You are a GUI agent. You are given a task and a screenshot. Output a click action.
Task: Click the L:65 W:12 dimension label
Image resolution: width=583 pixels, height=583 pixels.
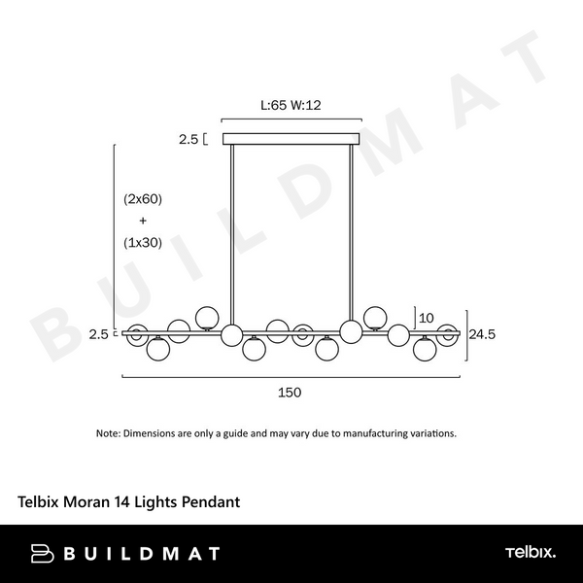tap(291, 105)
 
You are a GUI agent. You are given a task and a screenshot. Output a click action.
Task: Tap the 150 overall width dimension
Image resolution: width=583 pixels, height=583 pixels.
tap(290, 393)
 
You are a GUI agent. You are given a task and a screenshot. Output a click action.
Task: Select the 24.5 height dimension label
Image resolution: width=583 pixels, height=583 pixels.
tap(482, 334)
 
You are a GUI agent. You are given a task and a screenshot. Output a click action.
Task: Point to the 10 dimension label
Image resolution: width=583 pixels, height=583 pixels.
tap(427, 318)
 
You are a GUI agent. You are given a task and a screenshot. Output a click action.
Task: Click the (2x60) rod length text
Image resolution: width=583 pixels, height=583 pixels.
tap(143, 199)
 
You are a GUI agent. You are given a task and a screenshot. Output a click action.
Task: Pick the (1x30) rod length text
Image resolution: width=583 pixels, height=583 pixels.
tap(143, 243)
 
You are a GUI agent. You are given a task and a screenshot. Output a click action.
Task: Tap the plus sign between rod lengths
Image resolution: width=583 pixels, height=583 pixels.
tap(143, 221)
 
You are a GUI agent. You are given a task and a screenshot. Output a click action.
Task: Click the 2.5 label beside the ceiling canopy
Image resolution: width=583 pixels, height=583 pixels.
tap(189, 139)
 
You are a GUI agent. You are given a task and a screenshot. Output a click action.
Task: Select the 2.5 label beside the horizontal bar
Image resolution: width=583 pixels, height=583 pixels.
tap(98, 334)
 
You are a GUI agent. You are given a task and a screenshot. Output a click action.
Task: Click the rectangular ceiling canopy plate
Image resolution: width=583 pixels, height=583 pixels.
tap(291, 139)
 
